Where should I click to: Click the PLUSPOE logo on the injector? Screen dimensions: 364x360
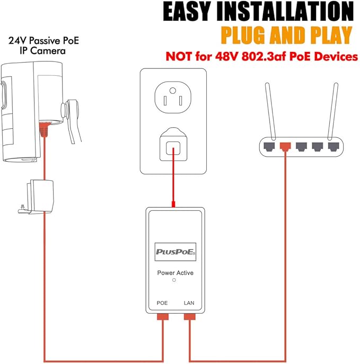(x=175, y=252)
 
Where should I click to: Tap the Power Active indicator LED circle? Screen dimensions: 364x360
(x=174, y=279)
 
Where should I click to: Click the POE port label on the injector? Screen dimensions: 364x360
(x=162, y=303)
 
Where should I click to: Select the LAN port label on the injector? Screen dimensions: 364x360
(x=189, y=303)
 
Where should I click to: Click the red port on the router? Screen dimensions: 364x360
(x=286, y=145)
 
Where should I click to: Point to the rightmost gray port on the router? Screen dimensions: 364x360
(x=332, y=145)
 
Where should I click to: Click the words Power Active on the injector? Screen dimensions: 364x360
(x=175, y=273)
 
